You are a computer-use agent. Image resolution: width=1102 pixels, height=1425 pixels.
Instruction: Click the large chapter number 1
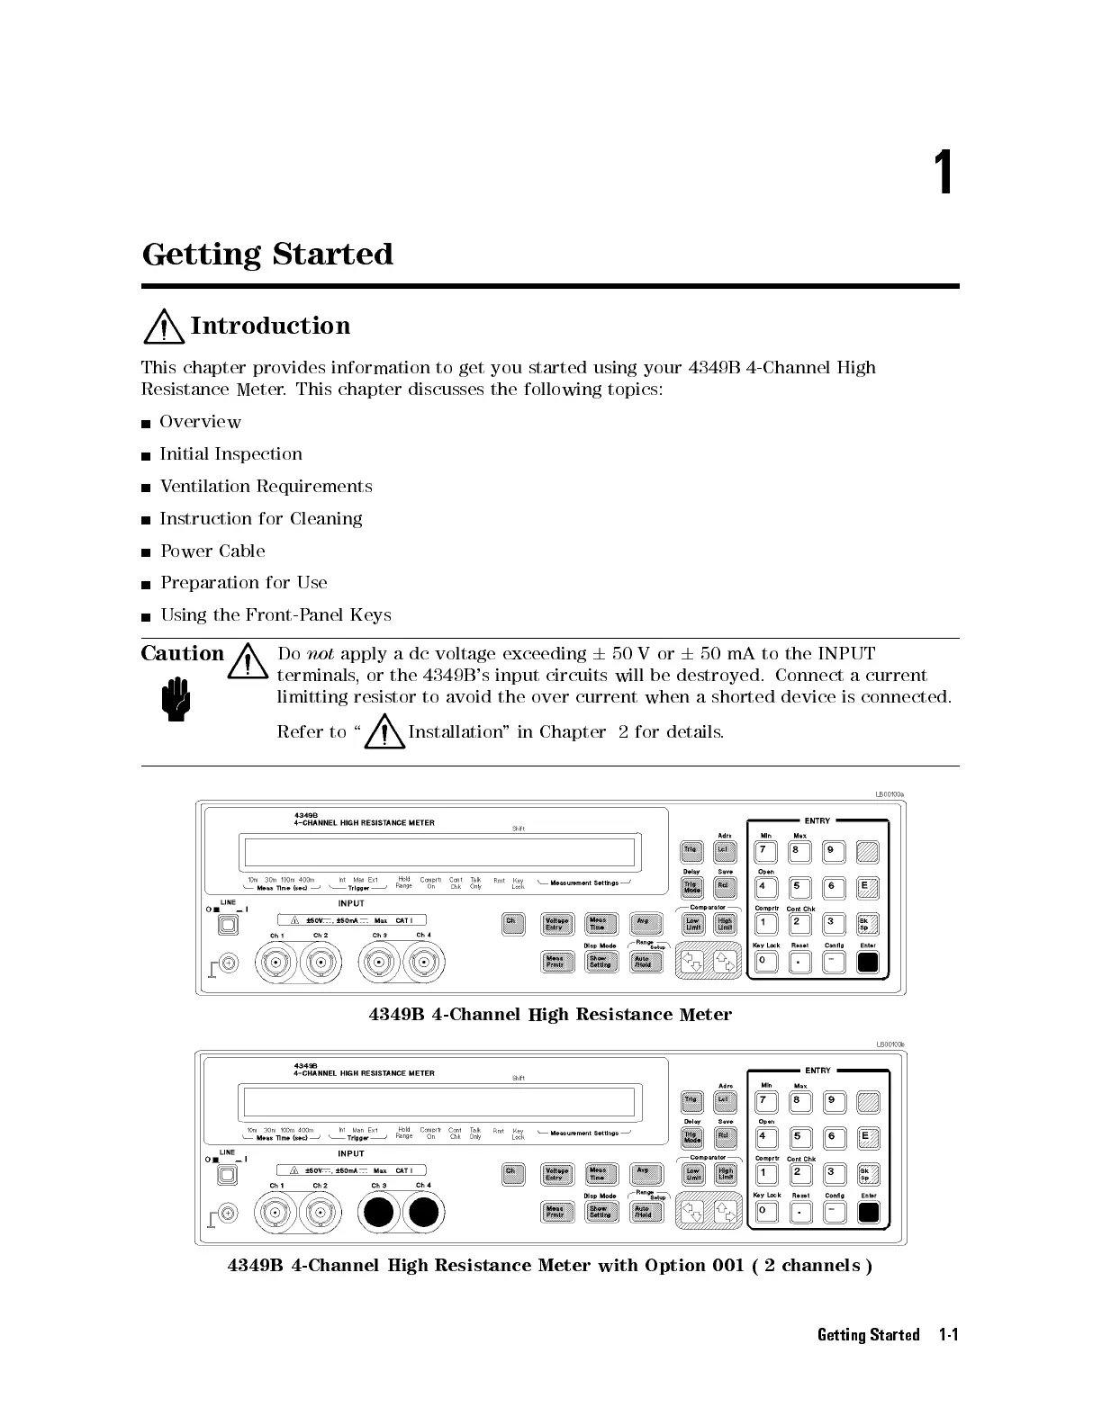pyautogui.click(x=943, y=174)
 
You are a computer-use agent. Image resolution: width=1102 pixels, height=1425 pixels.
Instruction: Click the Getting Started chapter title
pyautogui.click(x=267, y=255)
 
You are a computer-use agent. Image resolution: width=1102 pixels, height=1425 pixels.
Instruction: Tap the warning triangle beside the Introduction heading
pyautogui.click(x=163, y=327)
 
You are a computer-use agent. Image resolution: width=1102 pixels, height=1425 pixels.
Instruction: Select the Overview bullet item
pyautogui.click(x=200, y=422)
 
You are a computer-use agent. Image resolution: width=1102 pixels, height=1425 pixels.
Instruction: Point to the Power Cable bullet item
pyautogui.click(x=212, y=551)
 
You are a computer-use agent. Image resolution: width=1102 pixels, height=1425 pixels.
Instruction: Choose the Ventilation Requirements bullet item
pyautogui.click(x=266, y=487)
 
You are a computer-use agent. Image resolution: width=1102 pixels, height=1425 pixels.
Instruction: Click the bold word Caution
pyautogui.click(x=183, y=654)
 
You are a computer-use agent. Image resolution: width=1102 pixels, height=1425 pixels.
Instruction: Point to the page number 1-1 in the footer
pyautogui.click(x=948, y=1335)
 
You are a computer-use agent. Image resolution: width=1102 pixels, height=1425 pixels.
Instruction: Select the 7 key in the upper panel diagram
pyautogui.click(x=763, y=850)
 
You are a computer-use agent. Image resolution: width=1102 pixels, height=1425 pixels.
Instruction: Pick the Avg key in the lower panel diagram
pyautogui.click(x=644, y=1173)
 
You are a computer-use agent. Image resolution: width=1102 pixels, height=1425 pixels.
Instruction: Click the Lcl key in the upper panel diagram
pyautogui.click(x=724, y=850)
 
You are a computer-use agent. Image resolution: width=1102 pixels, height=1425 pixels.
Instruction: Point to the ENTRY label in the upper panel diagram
pyautogui.click(x=817, y=820)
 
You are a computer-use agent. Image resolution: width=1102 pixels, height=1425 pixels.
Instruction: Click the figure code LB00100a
pyautogui.click(x=890, y=794)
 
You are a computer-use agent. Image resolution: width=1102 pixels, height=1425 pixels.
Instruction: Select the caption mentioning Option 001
pyautogui.click(x=549, y=1266)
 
